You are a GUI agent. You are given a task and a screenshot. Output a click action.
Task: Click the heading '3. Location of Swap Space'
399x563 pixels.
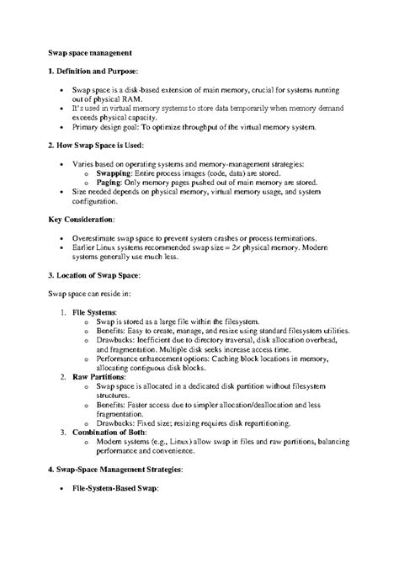pos(92,275)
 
